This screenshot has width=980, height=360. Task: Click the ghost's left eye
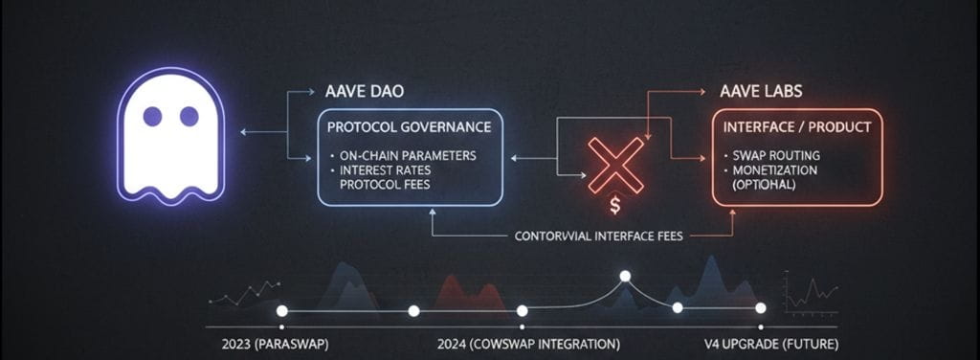click(x=152, y=117)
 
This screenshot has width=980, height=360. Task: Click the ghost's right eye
click(x=189, y=117)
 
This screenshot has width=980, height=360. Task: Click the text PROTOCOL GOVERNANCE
click(x=410, y=126)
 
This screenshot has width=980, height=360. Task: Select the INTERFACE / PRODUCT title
click(x=796, y=126)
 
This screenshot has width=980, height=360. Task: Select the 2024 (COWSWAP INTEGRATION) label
click(x=527, y=343)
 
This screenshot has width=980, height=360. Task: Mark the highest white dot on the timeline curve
click(x=625, y=277)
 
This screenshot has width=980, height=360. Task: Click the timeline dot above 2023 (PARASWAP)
click(x=281, y=311)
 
